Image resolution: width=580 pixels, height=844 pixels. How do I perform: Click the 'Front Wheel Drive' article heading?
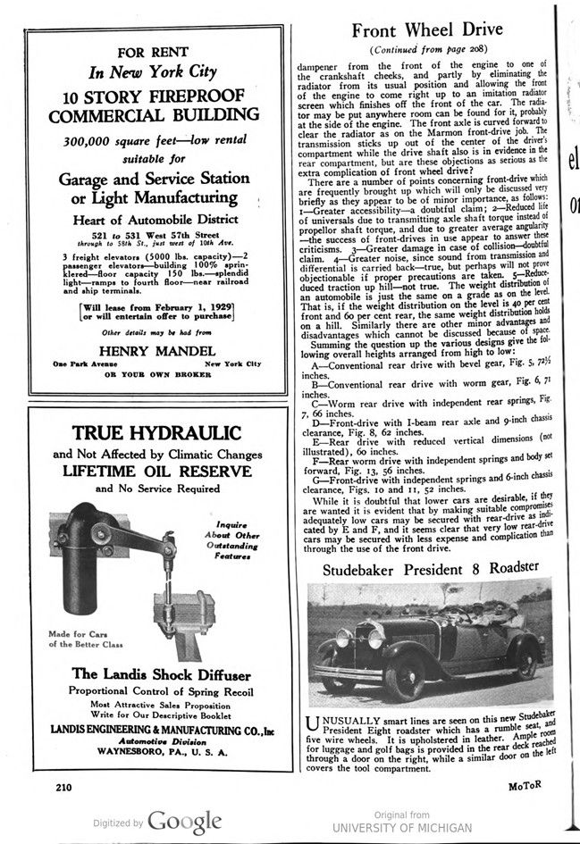click(x=427, y=30)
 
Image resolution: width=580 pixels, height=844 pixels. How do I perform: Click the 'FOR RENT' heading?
click(x=156, y=53)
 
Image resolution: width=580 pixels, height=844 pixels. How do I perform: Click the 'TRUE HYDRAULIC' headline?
click(x=156, y=433)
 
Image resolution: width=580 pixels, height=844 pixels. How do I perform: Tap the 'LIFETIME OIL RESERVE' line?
click(x=156, y=471)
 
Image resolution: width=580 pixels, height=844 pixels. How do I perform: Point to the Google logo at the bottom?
click(x=184, y=821)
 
